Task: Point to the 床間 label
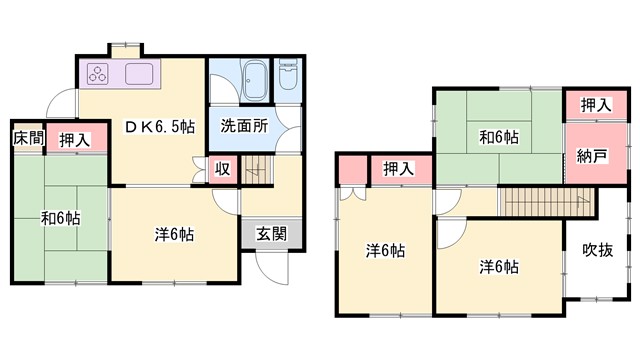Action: point(28,139)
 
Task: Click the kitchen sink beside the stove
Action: point(137,73)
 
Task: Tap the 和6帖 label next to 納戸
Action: point(497,136)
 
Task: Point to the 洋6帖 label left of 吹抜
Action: point(498,266)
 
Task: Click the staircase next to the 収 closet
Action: point(258,170)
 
